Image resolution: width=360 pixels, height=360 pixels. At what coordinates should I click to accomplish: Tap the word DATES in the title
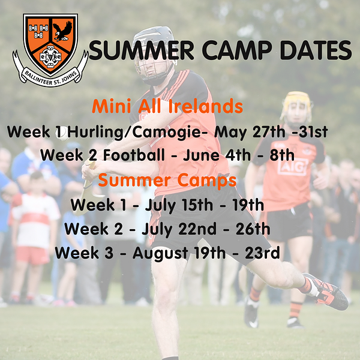pyautogui.click(x=316, y=50)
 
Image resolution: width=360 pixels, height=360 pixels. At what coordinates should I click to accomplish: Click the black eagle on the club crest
pyautogui.click(x=62, y=31)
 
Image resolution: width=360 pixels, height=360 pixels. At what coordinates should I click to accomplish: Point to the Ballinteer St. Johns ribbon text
pyautogui.click(x=50, y=78)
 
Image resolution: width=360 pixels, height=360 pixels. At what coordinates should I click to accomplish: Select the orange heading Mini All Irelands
pyautogui.click(x=167, y=106)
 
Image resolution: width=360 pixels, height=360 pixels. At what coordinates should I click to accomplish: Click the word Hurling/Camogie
pyautogui.click(x=134, y=133)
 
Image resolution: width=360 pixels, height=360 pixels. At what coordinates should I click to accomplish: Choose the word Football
pyautogui.click(x=134, y=155)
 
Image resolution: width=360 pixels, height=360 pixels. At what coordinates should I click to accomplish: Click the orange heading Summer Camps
pyautogui.click(x=167, y=181)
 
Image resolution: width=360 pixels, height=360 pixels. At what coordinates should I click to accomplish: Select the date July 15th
pyautogui.click(x=179, y=205)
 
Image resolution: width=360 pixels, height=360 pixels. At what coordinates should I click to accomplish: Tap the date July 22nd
pyautogui.click(x=179, y=229)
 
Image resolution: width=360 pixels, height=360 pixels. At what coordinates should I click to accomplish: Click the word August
pyautogui.click(x=161, y=253)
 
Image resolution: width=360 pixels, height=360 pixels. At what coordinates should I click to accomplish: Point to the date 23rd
pyautogui.click(x=262, y=253)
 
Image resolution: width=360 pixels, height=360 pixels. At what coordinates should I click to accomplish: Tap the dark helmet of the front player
pyautogui.click(x=154, y=41)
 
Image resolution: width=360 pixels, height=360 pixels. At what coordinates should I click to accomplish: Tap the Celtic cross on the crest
pyautogui.click(x=50, y=57)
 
